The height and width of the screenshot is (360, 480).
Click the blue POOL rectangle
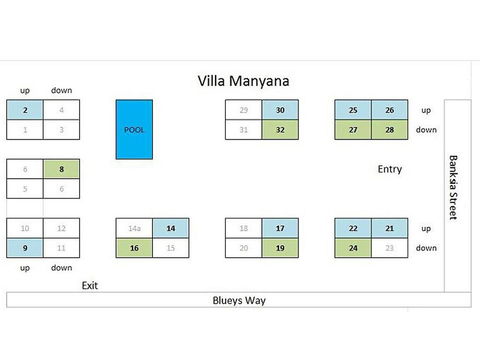[x=135, y=129]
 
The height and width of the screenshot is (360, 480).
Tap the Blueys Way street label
[x=237, y=299]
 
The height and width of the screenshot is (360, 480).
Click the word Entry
[x=390, y=169]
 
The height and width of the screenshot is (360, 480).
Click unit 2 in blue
[x=25, y=110]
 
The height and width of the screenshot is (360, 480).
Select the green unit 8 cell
[x=62, y=169]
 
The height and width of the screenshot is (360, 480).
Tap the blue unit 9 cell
[x=25, y=247]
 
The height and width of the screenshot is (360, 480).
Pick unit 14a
[x=135, y=228]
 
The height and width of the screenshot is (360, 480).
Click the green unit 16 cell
[x=135, y=247]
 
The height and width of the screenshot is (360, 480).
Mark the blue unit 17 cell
[x=281, y=228]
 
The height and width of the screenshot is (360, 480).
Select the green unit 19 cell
[x=281, y=247]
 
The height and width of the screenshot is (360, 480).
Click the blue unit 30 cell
[x=281, y=110]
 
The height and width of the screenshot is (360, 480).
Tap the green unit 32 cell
[x=281, y=129]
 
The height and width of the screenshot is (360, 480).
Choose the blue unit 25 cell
[x=353, y=110]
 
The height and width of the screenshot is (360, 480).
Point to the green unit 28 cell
[x=390, y=129]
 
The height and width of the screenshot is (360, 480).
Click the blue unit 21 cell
[x=390, y=228]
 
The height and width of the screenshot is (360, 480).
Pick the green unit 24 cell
[x=353, y=247]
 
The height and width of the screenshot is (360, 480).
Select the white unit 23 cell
[x=390, y=247]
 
